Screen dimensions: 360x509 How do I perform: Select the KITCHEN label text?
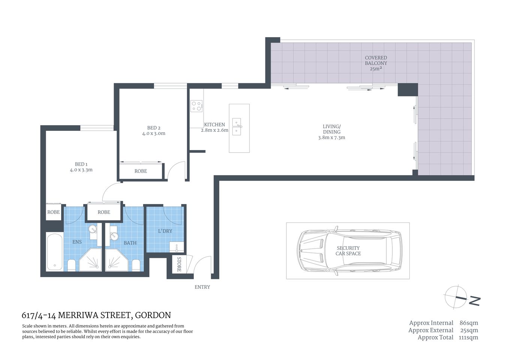coord(214,125)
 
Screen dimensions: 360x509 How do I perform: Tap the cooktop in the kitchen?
coord(196,106)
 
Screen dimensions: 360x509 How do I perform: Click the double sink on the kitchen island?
coord(237,127)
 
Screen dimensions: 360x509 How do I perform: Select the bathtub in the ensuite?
coord(55,252)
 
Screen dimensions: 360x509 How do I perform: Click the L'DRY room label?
coord(165,231)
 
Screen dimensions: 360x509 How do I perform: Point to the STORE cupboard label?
coord(179,264)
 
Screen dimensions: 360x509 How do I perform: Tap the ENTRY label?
coord(202,287)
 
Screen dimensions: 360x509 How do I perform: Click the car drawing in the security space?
coord(349,250)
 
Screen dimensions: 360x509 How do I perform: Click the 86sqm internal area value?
coord(469,323)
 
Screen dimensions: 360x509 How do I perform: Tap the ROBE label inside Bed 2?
coord(141,171)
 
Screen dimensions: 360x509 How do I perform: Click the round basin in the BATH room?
coord(114,236)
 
